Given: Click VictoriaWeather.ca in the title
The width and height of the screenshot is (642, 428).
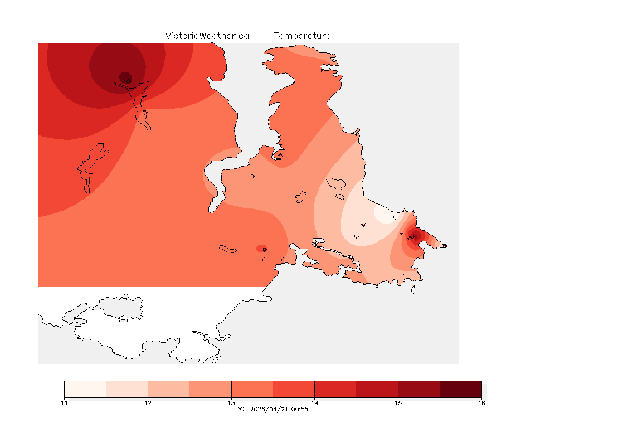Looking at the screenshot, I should [207, 36].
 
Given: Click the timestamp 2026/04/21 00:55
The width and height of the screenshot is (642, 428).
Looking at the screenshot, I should [279, 410].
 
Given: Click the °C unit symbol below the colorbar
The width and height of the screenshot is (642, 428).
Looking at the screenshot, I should [241, 410].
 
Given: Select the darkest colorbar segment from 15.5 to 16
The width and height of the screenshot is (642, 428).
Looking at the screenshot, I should [460, 389].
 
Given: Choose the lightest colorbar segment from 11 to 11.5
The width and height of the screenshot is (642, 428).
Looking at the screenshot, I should [85, 389].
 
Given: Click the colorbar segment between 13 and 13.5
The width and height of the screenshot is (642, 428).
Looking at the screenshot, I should [252, 389].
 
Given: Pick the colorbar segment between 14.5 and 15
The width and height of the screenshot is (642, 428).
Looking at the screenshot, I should [377, 389].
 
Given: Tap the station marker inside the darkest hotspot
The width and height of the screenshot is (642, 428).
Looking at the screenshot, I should [129, 81].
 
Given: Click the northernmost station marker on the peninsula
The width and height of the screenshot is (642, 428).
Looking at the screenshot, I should [320, 70].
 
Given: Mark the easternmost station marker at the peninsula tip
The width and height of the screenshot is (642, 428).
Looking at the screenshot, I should [444, 246].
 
